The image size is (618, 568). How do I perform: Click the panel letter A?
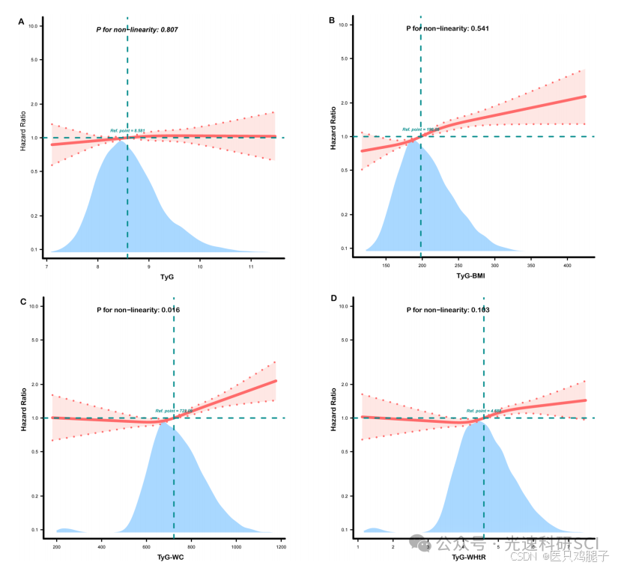coord(22,22)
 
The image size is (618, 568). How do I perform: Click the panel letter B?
coord(332,20)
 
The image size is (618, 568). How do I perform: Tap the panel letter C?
coord(23,302)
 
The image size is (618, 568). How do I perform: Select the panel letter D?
coord(333,299)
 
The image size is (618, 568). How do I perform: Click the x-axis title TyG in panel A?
coord(166,277)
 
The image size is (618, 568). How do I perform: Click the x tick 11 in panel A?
coord(251,266)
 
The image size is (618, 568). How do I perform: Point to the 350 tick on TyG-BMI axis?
coord(530,265)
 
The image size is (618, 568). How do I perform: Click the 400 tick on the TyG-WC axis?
coord(101,547)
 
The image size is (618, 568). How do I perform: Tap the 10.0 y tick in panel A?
coord(34,26)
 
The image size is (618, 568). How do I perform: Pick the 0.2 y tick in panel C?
coord(35,496)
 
